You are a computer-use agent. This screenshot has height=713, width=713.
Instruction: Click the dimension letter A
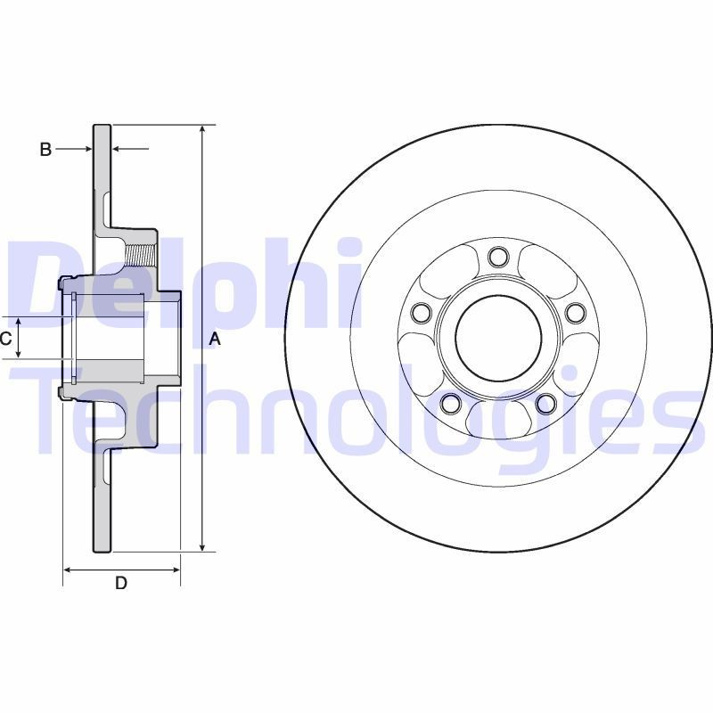[214, 339]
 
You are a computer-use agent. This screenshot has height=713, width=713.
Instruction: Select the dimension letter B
[45, 150]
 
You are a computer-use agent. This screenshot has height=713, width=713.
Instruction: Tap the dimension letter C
[5, 339]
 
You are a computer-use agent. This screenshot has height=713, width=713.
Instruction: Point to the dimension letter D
[121, 584]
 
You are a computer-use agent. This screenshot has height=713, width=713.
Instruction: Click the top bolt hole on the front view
[498, 258]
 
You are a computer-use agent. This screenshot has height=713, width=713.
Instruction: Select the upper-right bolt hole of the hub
[575, 312]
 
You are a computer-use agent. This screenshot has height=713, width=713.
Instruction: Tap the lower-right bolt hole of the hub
[546, 404]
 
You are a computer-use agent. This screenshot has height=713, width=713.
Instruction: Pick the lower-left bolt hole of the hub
[451, 404]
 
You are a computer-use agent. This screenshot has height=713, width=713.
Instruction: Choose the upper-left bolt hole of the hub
[422, 312]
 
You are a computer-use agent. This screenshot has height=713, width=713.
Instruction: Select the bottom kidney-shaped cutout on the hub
[498, 415]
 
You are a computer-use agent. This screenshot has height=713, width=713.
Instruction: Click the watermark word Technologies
[356, 414]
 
